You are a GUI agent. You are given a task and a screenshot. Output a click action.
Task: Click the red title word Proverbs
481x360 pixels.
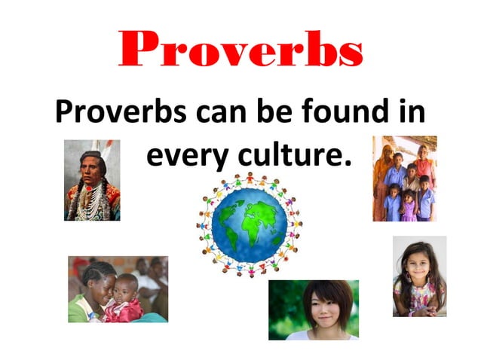240,50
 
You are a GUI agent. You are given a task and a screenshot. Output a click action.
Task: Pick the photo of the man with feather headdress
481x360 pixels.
92,180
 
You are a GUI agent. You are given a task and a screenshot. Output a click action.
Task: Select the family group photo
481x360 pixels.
404,178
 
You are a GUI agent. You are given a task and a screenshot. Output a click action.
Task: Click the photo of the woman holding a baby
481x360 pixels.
118,288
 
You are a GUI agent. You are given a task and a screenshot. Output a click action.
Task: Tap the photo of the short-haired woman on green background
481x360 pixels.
314,310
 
